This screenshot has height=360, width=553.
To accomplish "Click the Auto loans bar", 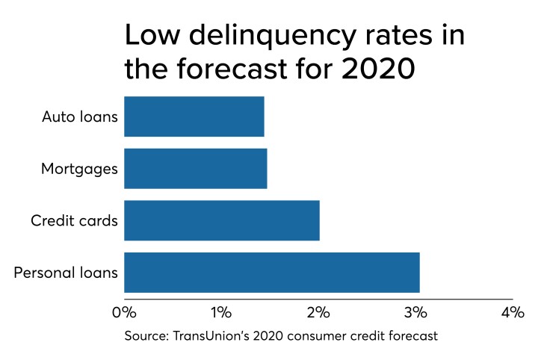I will click(x=194, y=117).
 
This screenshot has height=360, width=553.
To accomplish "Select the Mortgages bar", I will click(x=195, y=169).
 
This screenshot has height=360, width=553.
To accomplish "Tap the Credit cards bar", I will click(x=221, y=220).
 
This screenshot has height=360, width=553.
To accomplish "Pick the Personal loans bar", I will click(x=271, y=273).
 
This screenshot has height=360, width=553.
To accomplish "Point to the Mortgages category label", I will click(x=79, y=169).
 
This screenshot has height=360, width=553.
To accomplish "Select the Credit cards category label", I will click(x=74, y=220).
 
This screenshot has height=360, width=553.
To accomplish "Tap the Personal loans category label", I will click(x=66, y=273).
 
